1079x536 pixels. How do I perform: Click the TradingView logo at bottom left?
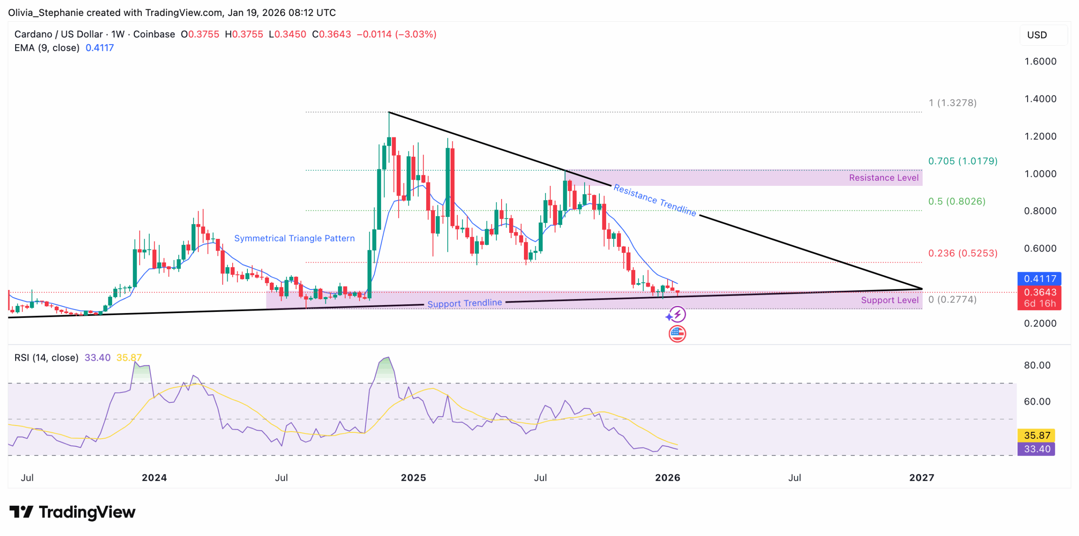point(72,512)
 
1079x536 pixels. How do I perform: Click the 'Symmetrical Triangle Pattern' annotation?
point(294,239)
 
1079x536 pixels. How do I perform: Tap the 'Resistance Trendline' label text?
point(654,200)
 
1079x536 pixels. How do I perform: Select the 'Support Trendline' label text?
point(464,303)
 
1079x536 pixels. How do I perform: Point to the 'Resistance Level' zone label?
point(883,178)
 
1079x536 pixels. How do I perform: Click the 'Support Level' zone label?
point(889,300)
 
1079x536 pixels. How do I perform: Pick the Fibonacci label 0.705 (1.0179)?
point(962,161)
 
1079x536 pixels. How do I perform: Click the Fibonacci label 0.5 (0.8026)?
point(956,201)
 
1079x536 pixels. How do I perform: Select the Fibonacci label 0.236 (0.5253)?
point(962,253)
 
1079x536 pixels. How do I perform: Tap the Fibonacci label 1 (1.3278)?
point(952,103)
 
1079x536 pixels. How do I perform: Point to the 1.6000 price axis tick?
point(1040,62)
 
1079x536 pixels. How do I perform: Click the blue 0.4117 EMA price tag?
point(1039,279)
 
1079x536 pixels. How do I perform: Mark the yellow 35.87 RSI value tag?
point(1036,435)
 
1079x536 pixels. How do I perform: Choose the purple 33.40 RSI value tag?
point(1036,449)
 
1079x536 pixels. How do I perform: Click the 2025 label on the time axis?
point(413,477)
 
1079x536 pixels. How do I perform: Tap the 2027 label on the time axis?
point(921,477)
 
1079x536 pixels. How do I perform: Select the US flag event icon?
point(677,334)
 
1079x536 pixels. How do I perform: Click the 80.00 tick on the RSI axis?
point(1037,365)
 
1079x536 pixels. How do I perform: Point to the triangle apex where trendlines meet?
point(922,289)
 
